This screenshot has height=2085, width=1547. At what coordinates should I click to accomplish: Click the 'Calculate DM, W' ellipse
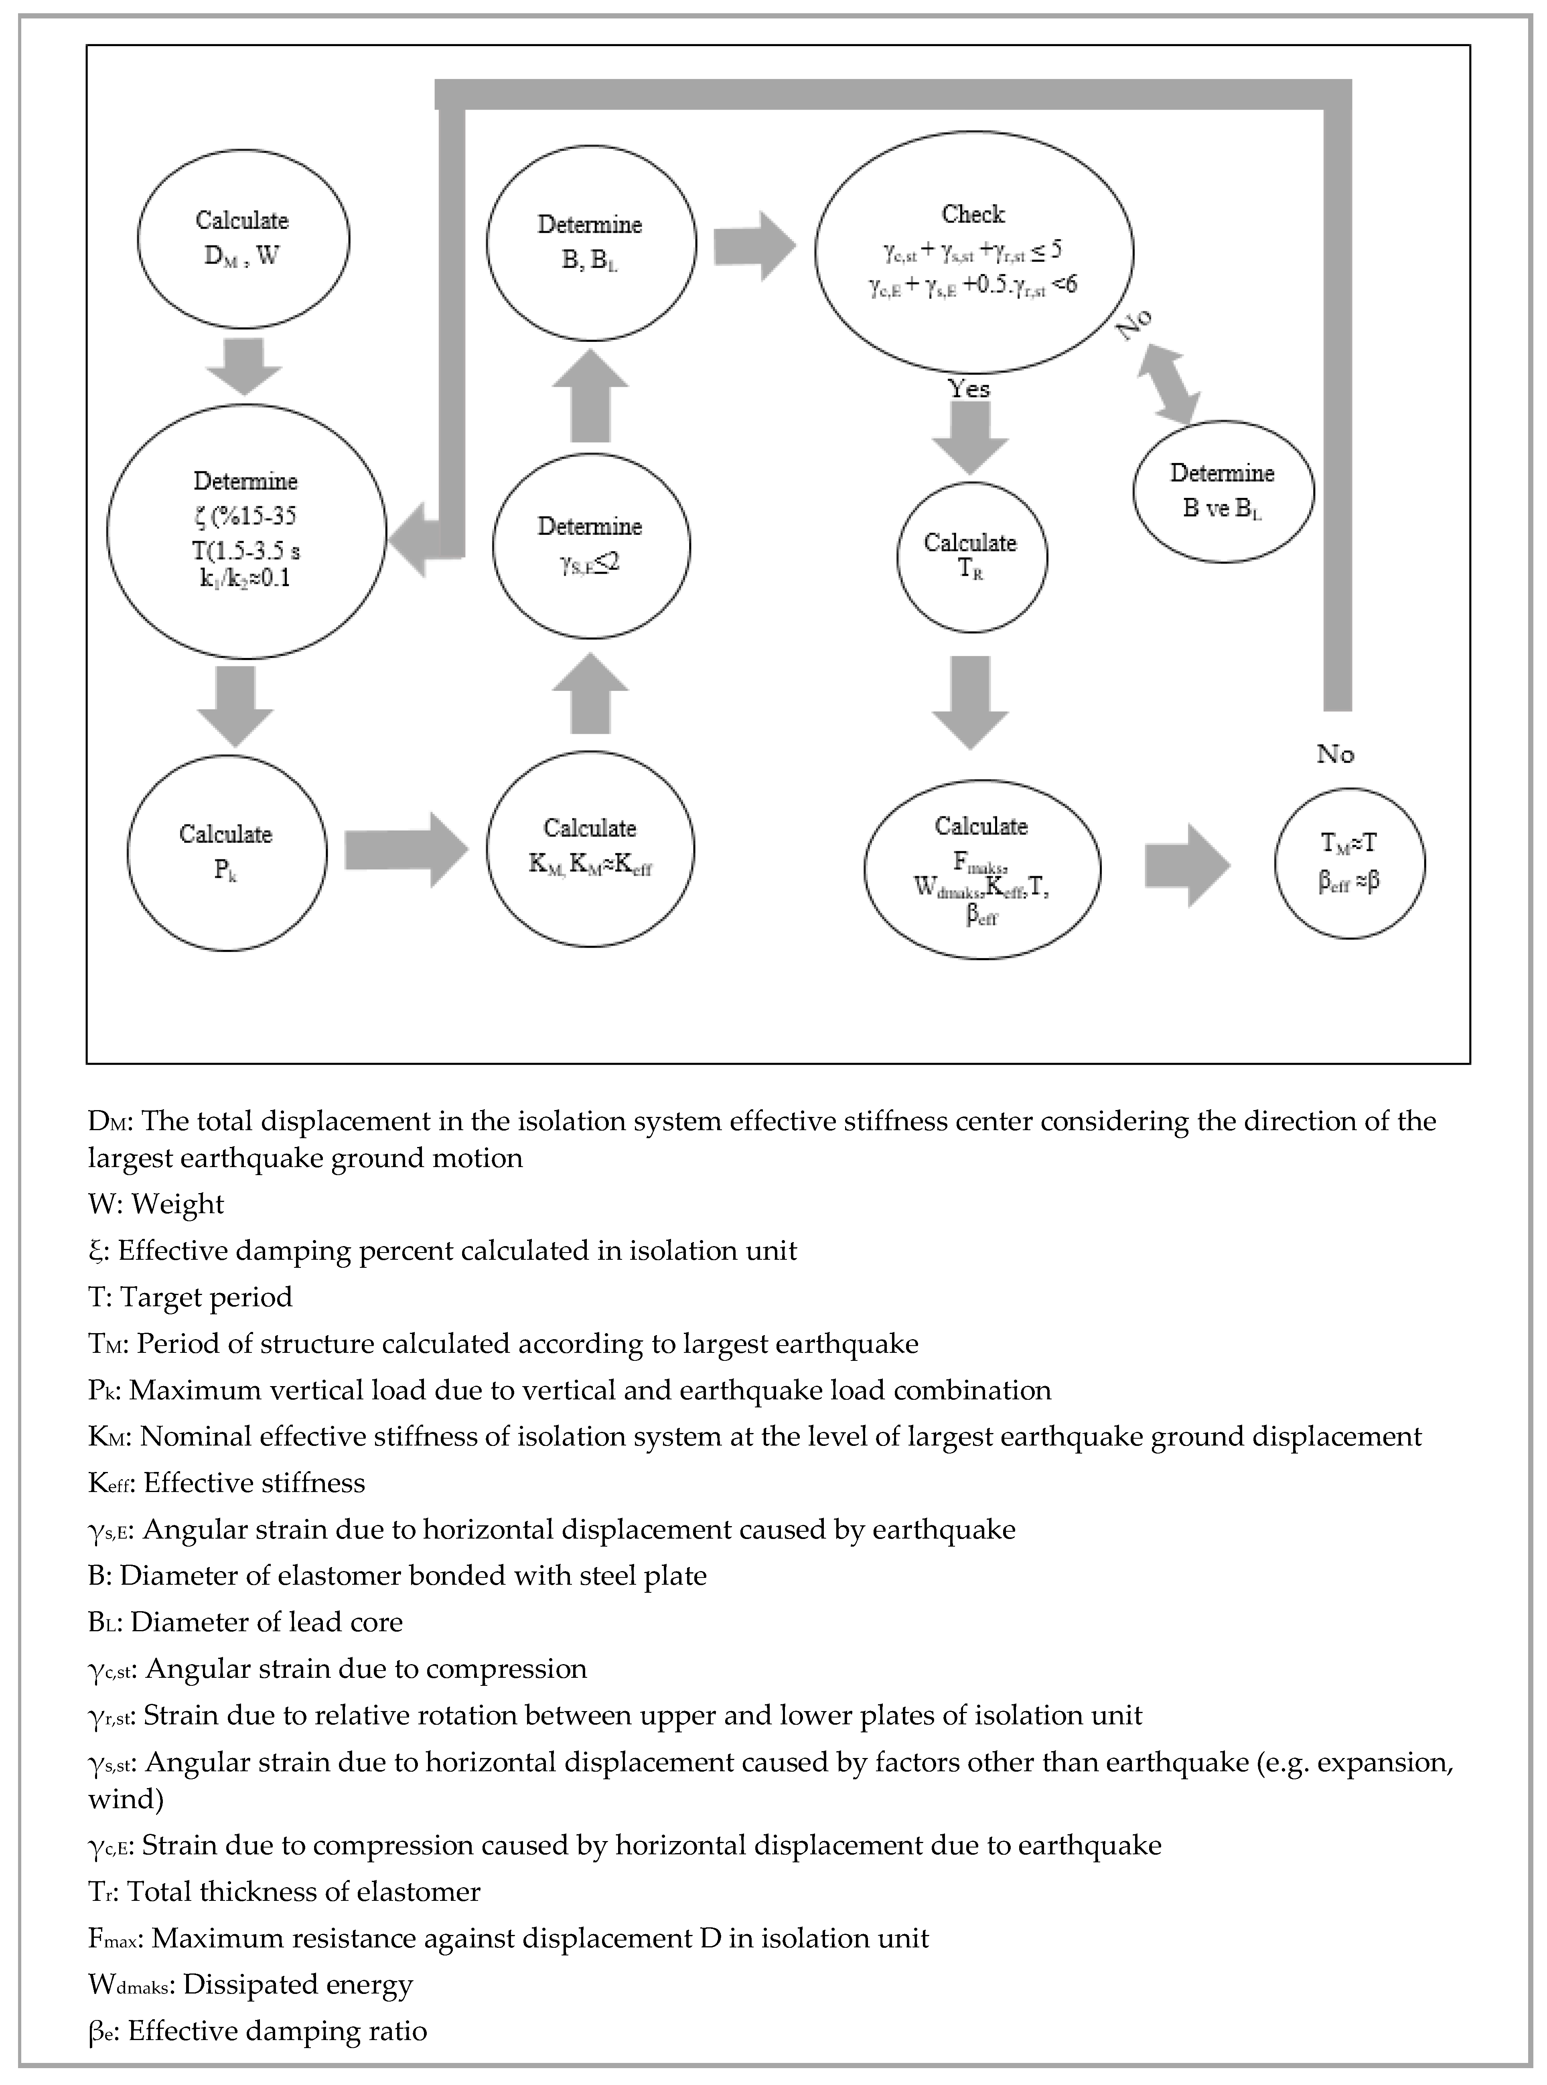point(243,239)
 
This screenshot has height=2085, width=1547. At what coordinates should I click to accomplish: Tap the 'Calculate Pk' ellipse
point(227,851)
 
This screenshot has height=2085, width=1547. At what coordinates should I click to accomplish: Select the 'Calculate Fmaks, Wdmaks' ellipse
point(981,869)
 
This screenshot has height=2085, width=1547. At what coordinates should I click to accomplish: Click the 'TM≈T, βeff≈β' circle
point(1349,862)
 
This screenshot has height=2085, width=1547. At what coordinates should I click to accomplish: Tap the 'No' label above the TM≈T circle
point(1335,754)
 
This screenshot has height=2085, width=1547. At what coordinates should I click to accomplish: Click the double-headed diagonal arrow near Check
point(1168,382)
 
